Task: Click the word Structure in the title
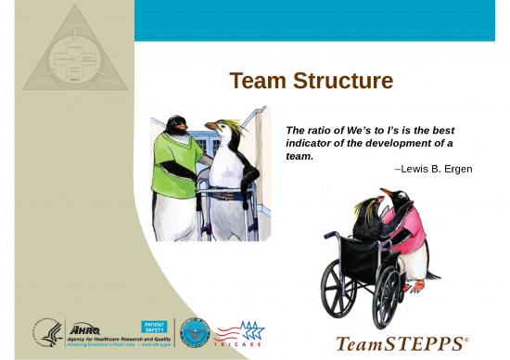pos(339,82)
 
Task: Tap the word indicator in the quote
pos(311,144)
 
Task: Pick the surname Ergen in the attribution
pos(456,169)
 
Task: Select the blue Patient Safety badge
pos(153,327)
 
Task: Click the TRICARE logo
pos(239,334)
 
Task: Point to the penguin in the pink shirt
pos(405,232)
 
